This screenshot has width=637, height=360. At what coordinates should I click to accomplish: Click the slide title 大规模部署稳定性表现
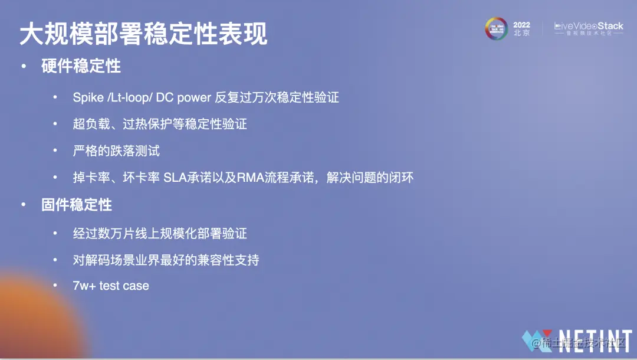(x=143, y=34)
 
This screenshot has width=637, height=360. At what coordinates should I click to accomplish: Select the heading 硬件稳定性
(x=81, y=66)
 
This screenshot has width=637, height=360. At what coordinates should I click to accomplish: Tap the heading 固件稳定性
(x=77, y=205)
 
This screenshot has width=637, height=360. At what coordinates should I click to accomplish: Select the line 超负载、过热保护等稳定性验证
(x=160, y=124)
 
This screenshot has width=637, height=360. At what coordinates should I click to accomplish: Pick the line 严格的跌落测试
(x=116, y=150)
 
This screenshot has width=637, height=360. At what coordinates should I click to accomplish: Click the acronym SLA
(x=175, y=178)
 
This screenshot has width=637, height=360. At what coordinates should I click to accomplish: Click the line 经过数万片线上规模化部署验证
(x=160, y=233)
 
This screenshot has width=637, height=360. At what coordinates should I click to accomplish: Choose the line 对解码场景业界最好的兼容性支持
(x=166, y=260)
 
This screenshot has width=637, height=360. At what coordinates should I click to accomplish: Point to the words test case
(x=124, y=286)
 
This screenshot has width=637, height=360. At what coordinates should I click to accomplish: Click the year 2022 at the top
(x=521, y=25)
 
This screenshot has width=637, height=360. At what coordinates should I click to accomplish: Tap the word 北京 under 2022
(x=521, y=33)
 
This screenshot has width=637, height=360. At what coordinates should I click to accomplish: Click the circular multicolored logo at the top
(x=496, y=28)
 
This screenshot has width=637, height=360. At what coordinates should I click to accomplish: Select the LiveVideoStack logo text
(x=589, y=26)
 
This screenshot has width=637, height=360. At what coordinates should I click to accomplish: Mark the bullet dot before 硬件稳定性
(x=24, y=66)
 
